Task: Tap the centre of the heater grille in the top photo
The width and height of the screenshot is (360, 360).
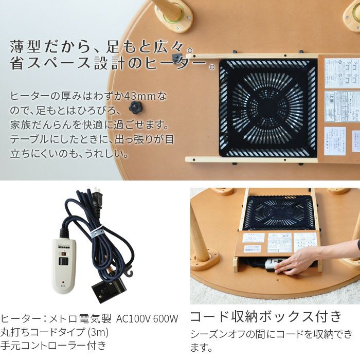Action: point(267,108)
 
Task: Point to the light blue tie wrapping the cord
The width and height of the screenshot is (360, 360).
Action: point(96,234)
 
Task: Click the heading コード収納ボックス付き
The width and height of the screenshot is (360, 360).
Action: point(266,316)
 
